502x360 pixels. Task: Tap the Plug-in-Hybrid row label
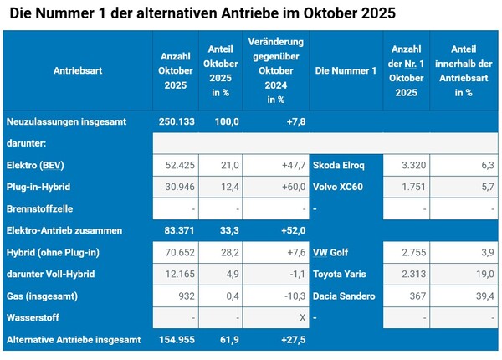click(x=38, y=187)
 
